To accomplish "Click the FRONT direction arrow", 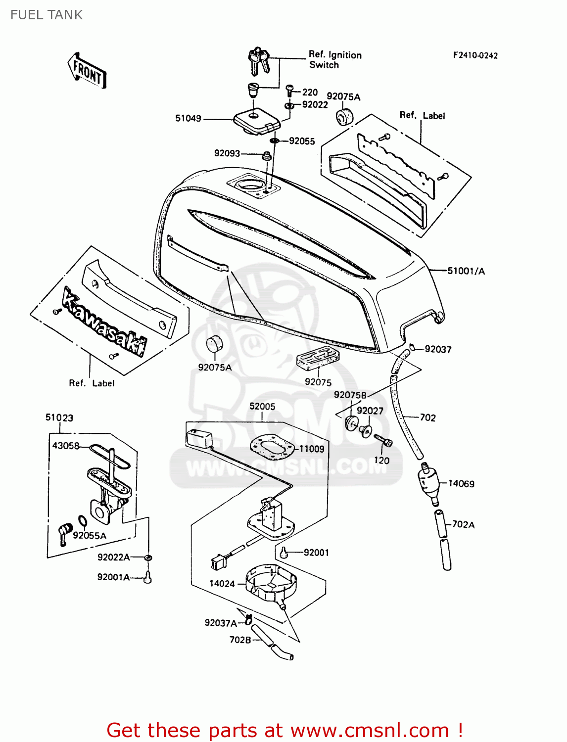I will pos(87,71).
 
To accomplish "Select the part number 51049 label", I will pos(188,118).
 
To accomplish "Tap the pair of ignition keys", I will pos(259,59).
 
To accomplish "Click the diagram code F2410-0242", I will pos(475,55).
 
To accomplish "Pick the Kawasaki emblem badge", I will pos(104,322).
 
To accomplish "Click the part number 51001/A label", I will pos(466,271).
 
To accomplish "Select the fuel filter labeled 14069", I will pos(429,483).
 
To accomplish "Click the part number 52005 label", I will pos(262,406).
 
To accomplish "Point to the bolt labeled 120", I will pos(383,440).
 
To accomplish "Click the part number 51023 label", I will pos(59,417).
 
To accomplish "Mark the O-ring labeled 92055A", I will pos(83,521).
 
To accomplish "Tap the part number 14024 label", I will pos(222,584).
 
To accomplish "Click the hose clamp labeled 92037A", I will pos(248,618).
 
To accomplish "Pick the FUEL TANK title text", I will pos(47,15).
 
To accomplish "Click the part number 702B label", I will pos(240,640).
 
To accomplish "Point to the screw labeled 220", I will pos(290,92).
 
